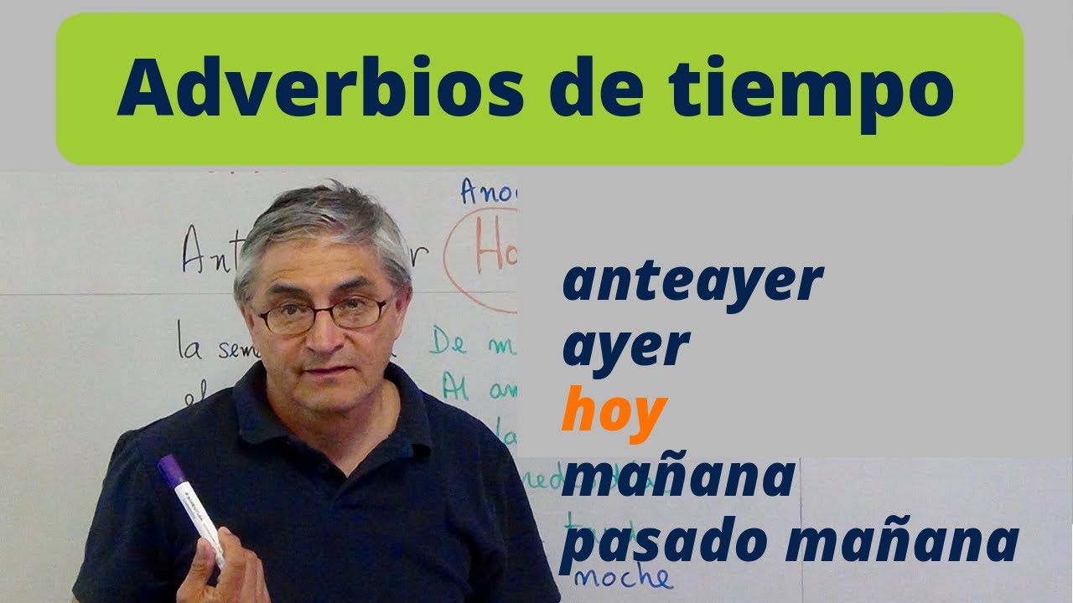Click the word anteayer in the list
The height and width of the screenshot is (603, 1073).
click(x=692, y=283)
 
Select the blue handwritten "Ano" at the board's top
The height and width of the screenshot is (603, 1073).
click(x=488, y=193)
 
